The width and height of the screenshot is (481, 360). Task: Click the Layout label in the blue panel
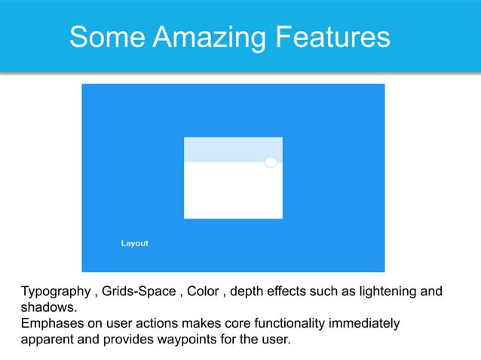point(135,243)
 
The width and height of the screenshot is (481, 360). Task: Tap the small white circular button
point(271,163)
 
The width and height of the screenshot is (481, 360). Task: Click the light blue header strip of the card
point(226,149)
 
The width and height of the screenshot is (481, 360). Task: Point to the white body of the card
point(233,191)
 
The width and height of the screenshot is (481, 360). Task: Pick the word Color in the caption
point(204,291)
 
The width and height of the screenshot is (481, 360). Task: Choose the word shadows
point(48,307)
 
